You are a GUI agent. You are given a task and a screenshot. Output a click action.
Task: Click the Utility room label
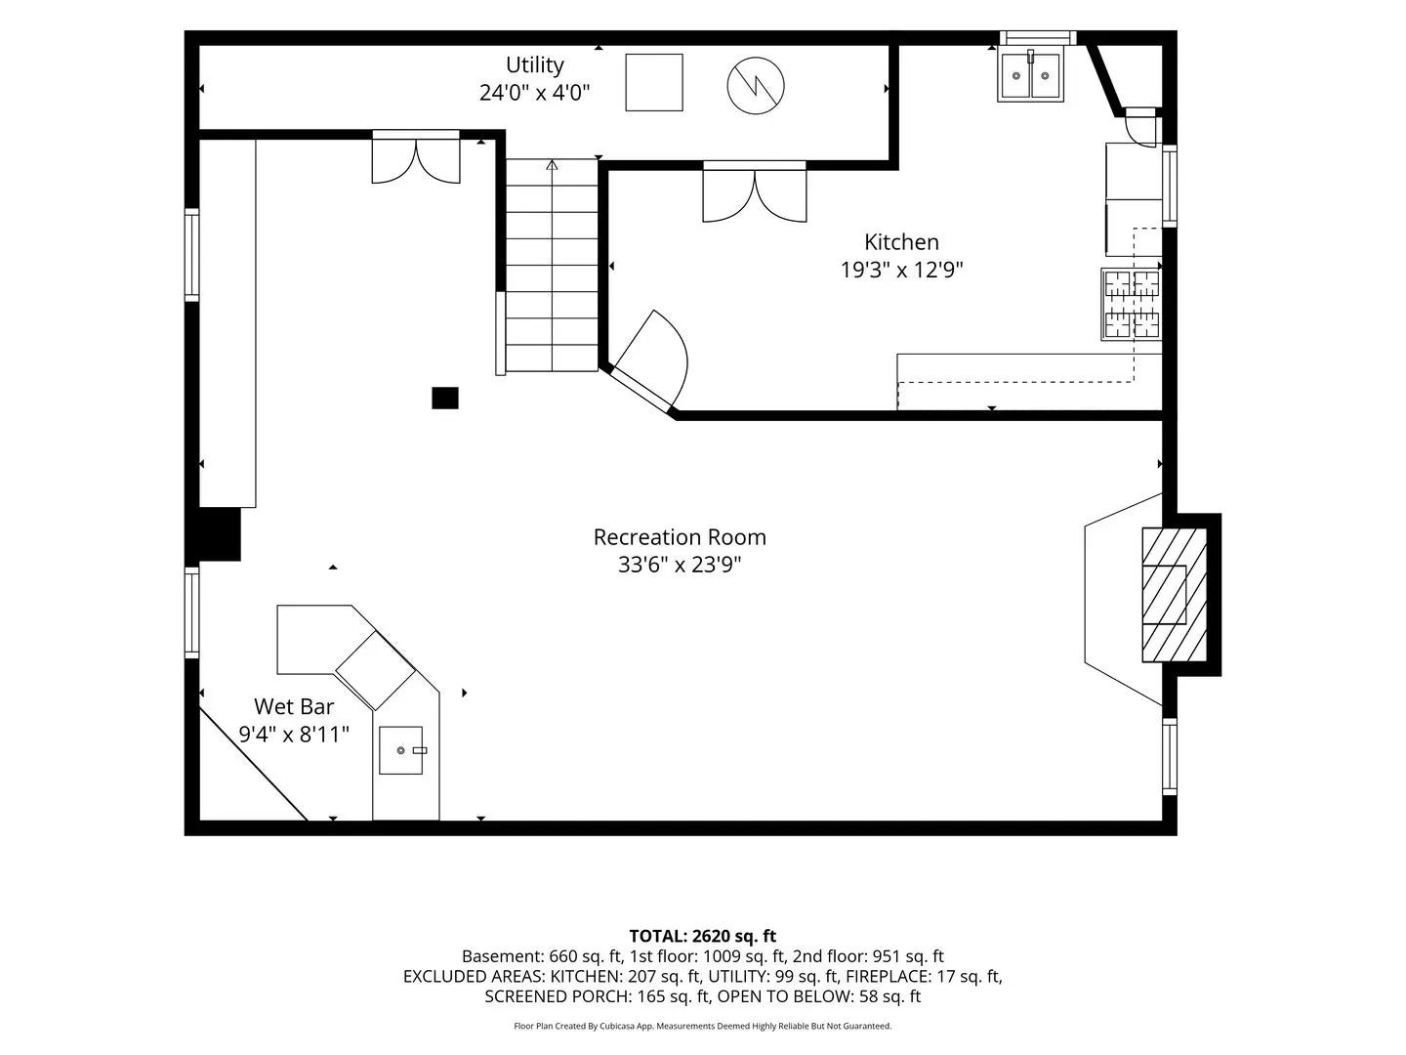(534, 64)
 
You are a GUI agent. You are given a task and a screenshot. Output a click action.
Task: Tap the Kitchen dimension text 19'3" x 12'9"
(901, 270)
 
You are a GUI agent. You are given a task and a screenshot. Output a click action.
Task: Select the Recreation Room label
(679, 537)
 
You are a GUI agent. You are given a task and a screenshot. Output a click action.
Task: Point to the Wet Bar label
(293, 706)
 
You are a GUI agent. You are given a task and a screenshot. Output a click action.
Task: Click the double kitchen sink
(1030, 74)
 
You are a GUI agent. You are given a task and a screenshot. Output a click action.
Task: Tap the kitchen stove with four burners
(1132, 304)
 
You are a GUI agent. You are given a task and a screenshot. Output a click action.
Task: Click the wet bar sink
(401, 750)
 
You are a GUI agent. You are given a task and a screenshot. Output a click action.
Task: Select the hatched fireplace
(1175, 595)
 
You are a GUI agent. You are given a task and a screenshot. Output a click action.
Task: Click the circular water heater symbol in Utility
(756, 86)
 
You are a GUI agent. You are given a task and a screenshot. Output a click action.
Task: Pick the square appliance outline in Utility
(654, 83)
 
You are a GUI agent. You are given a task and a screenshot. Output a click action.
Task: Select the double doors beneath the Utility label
(416, 157)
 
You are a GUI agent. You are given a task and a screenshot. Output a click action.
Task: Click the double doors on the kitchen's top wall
(755, 192)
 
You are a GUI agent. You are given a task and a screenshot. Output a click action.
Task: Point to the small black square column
(445, 398)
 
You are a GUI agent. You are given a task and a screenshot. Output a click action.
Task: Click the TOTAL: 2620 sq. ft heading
(703, 937)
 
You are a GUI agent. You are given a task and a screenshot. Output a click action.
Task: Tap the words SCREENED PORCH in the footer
(558, 996)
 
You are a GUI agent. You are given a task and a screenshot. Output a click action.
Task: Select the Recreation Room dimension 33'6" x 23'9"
(679, 565)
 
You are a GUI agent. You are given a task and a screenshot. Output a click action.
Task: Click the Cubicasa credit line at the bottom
(703, 1026)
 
